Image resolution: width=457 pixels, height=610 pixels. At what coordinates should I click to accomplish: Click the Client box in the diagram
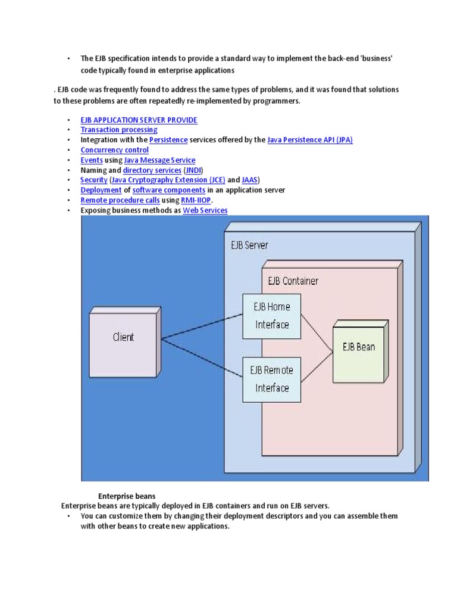coord(123,337)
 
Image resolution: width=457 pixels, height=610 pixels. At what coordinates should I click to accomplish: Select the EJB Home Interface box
coord(272,316)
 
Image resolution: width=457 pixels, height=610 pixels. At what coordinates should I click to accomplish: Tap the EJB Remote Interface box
coord(272,379)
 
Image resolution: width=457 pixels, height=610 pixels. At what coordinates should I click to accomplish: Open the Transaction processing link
coord(119,130)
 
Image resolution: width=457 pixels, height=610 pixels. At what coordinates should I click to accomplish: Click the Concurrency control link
coord(114,150)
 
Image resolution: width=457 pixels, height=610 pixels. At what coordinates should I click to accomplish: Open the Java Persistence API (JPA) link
coord(310,140)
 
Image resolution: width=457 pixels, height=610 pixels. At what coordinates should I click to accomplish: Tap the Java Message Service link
coord(159,160)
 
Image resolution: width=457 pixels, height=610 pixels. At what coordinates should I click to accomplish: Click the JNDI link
coord(193,170)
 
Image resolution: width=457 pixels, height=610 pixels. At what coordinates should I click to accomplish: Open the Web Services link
coord(205,211)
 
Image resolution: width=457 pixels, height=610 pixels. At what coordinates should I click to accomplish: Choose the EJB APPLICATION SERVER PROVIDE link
coord(139,120)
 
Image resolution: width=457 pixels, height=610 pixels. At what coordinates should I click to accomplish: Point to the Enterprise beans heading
coord(127,496)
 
